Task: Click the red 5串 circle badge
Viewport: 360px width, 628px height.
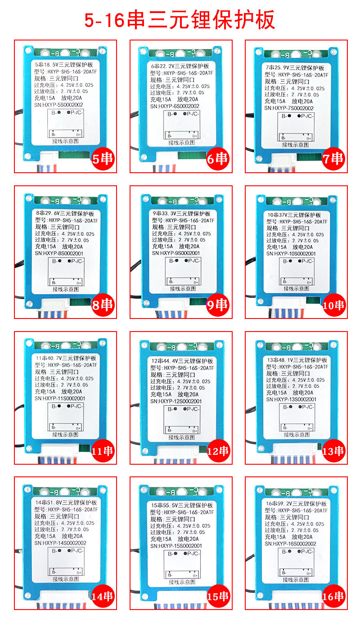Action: pos(103,159)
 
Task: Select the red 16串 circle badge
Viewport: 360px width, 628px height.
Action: pos(333,597)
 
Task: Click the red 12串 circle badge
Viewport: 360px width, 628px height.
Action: pos(218,451)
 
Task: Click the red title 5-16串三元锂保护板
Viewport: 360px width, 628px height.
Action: pos(180,20)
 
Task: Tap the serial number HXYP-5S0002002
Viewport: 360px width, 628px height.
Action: pos(65,105)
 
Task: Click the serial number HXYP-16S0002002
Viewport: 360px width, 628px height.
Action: pos(295,543)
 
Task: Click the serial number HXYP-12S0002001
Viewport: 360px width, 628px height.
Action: pos(182,401)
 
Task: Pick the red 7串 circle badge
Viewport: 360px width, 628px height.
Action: pos(333,159)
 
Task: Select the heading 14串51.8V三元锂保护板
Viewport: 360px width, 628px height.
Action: pos(66,502)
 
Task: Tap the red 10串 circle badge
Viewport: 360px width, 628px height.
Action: pos(333,305)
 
